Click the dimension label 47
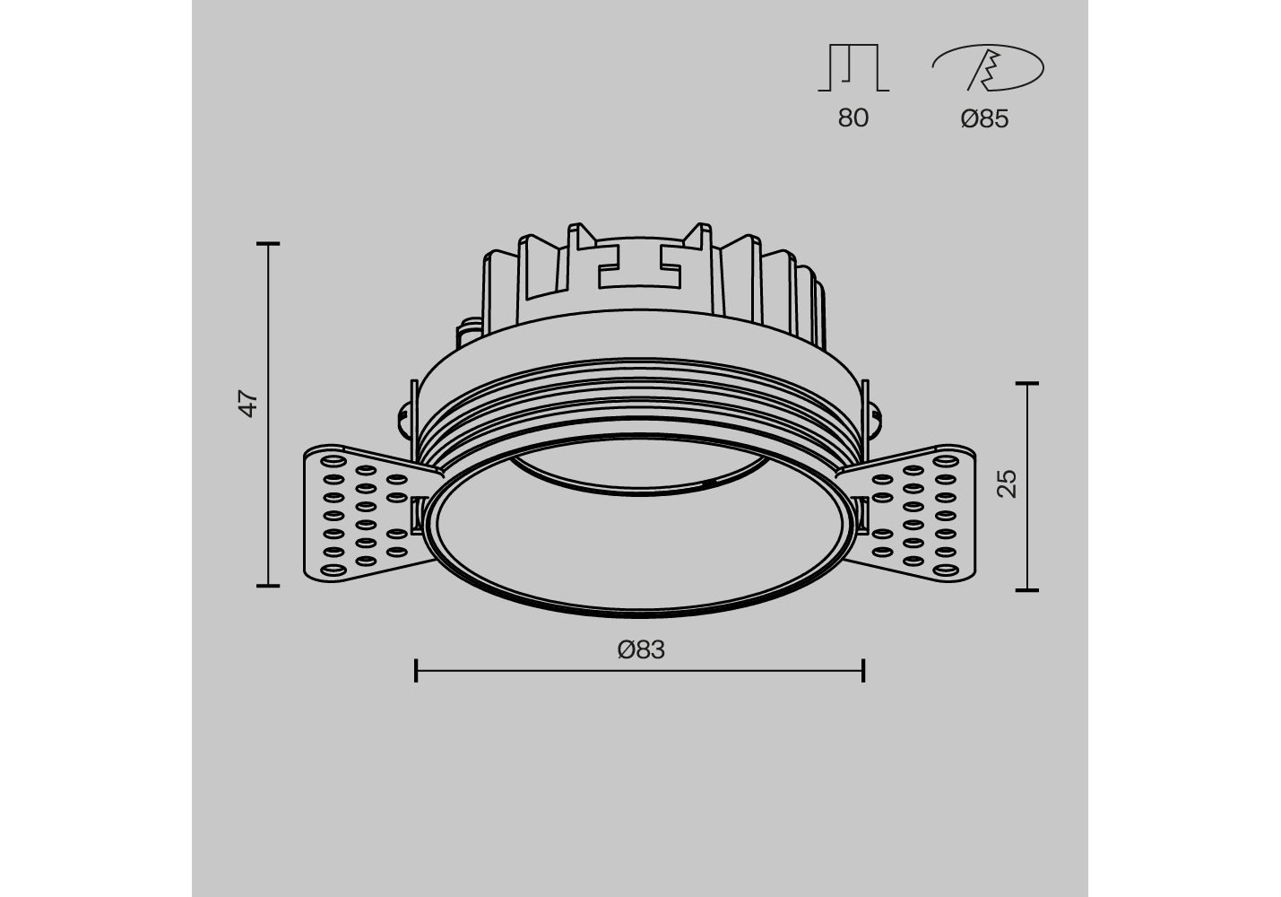[248, 404]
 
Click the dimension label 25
[1007, 484]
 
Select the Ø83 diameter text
[641, 649]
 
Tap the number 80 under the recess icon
[853, 118]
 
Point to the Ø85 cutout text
[985, 119]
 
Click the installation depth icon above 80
[853, 67]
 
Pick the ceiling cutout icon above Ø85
[988, 67]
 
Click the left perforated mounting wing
[366, 514]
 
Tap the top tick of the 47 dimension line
[268, 244]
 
